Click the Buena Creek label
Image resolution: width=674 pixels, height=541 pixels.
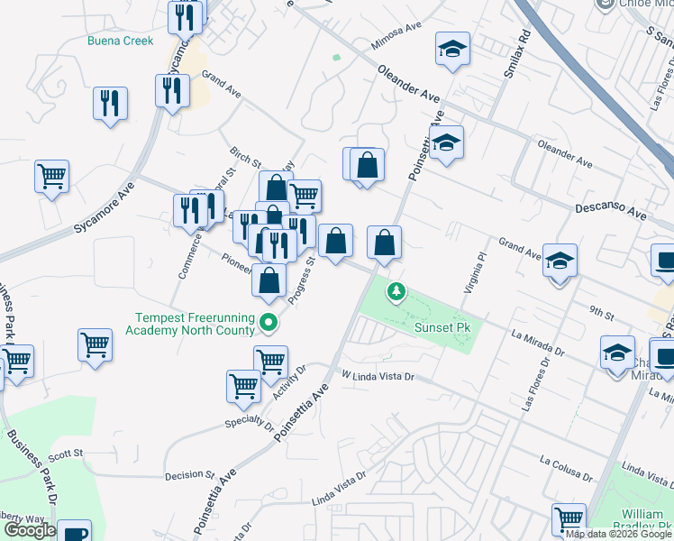(120, 41)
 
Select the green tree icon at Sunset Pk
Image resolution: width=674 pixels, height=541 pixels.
(395, 291)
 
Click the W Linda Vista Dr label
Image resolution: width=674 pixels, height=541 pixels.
(378, 375)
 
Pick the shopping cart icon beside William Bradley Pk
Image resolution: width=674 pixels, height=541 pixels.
(569, 518)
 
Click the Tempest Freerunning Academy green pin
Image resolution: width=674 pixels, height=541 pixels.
(268, 322)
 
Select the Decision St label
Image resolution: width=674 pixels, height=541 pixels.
(189, 474)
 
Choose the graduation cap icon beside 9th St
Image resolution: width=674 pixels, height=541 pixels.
(560, 261)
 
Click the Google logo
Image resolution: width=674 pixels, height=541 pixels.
(30, 530)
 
